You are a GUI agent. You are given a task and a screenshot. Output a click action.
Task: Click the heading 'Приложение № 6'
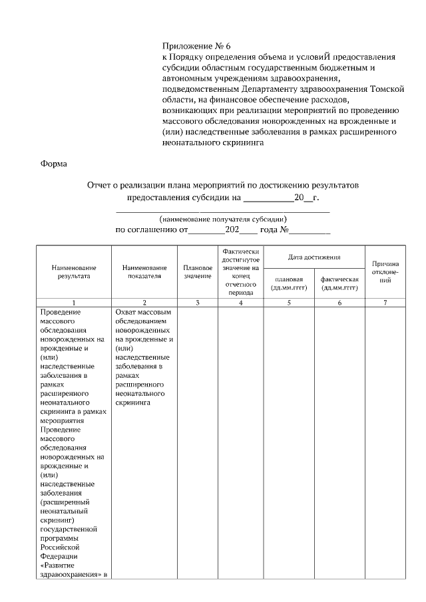(196, 46)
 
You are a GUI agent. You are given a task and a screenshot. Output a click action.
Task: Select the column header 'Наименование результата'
(73, 271)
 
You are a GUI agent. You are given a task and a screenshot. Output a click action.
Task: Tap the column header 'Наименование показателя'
(144, 271)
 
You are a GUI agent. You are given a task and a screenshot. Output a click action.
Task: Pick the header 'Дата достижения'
(314, 257)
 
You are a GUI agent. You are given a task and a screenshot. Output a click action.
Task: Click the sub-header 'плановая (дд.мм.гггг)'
(289, 283)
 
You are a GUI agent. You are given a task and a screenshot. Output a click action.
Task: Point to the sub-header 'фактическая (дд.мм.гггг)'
(339, 283)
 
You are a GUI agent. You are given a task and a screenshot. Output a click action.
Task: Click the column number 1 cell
(73, 303)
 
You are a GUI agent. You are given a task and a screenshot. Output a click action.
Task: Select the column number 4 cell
(240, 303)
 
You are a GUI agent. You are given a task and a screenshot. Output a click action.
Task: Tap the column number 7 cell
(385, 303)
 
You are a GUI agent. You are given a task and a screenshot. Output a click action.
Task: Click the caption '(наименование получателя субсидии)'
(223, 218)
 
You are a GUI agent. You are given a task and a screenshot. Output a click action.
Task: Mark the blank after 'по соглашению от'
(206, 231)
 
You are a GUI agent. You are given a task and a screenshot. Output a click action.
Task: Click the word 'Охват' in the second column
(126, 311)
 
